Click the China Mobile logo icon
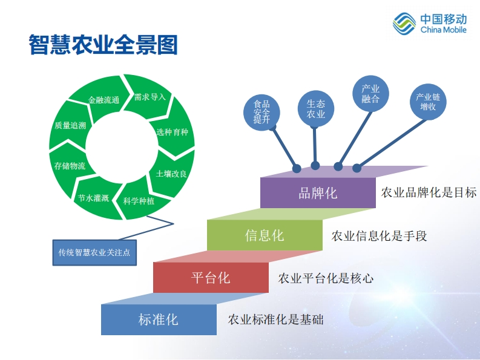point(404,23)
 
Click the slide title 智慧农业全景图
point(103,45)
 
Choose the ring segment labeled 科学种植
point(139,200)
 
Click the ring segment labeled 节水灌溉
point(93,197)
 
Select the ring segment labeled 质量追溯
point(70,125)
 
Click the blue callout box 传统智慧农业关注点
point(94,252)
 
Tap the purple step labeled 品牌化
point(318,193)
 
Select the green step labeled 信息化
point(265,235)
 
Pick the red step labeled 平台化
point(211,277)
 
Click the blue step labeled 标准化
point(159,319)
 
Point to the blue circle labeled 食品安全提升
point(261,113)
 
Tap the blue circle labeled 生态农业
point(315,109)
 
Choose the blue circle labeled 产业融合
point(370,94)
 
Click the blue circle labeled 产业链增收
point(428,102)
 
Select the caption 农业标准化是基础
point(275,319)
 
